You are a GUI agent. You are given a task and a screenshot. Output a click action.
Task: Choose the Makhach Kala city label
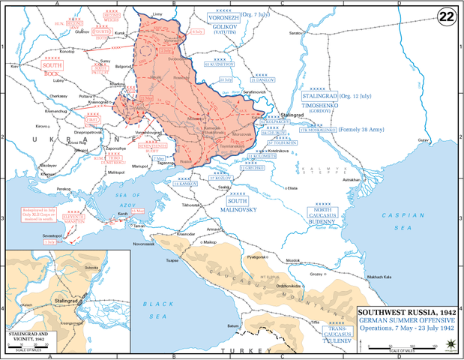(381, 275)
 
